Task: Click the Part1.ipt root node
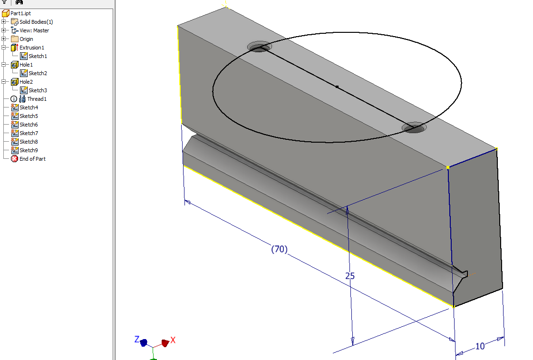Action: [20, 13]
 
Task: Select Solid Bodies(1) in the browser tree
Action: [36, 22]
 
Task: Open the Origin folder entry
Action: [26, 39]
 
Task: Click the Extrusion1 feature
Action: [31, 48]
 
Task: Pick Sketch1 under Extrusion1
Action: [38, 56]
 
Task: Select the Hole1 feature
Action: [26, 65]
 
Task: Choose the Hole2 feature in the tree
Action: [26, 82]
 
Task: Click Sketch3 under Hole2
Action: [38, 90]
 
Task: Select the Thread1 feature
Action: [37, 99]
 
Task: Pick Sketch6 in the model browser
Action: [29, 125]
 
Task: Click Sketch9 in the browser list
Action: [29, 150]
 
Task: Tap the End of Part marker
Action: [32, 159]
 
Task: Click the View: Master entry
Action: [34, 30]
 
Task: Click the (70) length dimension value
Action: [279, 249]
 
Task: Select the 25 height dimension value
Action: [350, 276]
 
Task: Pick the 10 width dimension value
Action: [480, 346]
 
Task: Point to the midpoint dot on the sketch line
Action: [337, 87]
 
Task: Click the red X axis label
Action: [173, 340]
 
